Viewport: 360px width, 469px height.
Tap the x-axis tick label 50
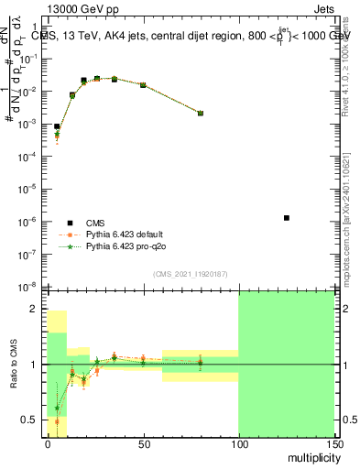143,443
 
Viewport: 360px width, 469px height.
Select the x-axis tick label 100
238,443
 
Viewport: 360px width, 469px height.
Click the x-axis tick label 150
333,443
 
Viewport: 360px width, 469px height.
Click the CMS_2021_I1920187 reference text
190,274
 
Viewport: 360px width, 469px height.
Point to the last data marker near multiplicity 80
201,114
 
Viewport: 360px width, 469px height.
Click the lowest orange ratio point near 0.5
57,421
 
